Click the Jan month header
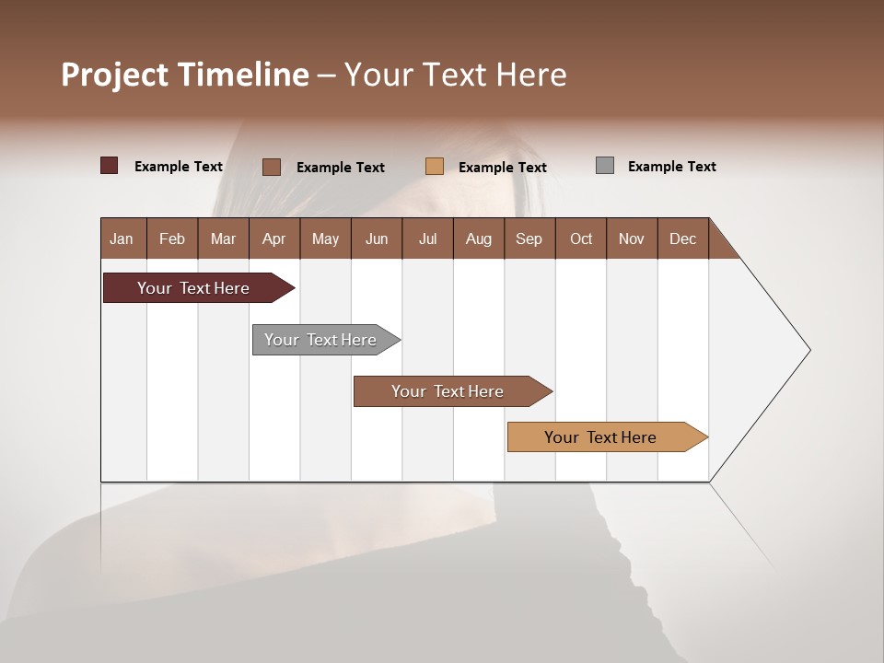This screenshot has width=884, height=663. pyautogui.click(x=122, y=238)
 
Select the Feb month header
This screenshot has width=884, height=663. pyautogui.click(x=172, y=238)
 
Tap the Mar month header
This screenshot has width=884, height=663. pyautogui.click(x=223, y=238)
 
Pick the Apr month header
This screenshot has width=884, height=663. pyautogui.click(x=273, y=238)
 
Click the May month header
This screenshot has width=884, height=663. pyautogui.click(x=325, y=238)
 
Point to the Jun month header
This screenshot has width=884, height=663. pyautogui.click(x=377, y=238)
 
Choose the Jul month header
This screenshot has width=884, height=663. pyautogui.click(x=427, y=238)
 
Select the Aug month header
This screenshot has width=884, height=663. pyautogui.click(x=478, y=238)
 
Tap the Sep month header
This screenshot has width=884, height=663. pyautogui.click(x=529, y=238)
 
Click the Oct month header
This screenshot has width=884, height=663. pyautogui.click(x=581, y=238)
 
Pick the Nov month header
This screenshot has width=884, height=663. pyautogui.click(x=632, y=238)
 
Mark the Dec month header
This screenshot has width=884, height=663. pyautogui.click(x=682, y=238)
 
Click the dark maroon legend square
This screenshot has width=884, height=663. pyautogui.click(x=109, y=166)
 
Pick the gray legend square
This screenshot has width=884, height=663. pyautogui.click(x=605, y=166)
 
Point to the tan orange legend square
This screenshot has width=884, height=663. pyautogui.click(x=435, y=166)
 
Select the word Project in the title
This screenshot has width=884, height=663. pyautogui.click(x=115, y=75)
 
